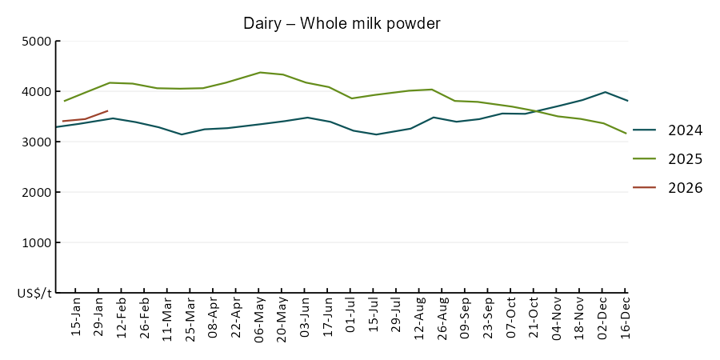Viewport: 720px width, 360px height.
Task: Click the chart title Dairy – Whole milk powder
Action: click(342, 24)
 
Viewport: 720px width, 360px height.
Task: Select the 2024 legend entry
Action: click(685, 130)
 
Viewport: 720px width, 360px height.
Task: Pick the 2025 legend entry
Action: click(685, 159)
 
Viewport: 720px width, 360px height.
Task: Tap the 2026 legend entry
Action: click(685, 188)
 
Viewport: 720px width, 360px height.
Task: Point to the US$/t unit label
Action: click(34, 294)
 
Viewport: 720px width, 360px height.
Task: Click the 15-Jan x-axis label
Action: click(76, 318)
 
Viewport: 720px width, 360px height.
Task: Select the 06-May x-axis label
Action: click(259, 318)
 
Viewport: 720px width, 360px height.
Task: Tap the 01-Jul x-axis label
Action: click(351, 318)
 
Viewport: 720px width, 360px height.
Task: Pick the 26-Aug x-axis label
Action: click(442, 318)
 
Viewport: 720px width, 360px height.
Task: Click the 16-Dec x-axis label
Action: click(626, 318)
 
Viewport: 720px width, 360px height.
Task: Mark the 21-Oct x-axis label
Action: click(534, 318)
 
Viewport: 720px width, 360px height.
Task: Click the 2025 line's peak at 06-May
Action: click(260, 72)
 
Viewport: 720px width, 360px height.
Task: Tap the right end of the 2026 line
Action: click(108, 110)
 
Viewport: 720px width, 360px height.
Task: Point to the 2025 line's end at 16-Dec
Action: click(626, 134)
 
